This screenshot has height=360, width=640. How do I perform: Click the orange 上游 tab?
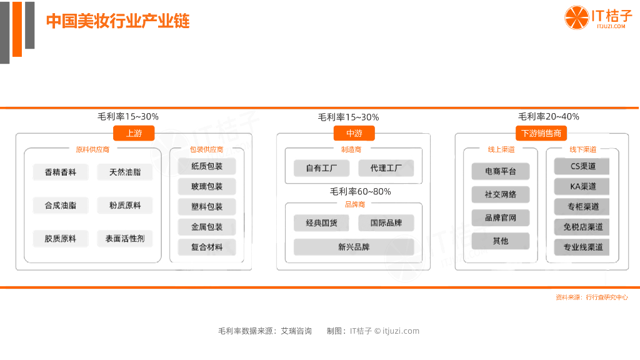pos(133,133)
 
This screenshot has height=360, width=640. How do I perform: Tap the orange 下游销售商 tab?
pos(541,133)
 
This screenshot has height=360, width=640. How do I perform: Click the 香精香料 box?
pos(60,172)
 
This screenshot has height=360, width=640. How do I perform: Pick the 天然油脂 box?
pos(125,172)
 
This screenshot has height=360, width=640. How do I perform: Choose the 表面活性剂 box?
pos(125,238)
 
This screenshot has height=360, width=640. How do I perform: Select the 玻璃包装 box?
pos(207,186)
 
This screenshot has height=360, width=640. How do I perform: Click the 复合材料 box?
pos(207,247)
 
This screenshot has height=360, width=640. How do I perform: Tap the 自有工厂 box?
pos(322,168)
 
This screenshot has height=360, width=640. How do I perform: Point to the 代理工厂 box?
pos(386,168)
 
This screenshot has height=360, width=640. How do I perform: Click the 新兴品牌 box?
pos(354,247)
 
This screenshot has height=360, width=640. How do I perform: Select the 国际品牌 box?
pos(386,222)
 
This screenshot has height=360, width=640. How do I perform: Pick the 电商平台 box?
pos(501,171)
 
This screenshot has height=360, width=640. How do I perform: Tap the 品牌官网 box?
pos(501,217)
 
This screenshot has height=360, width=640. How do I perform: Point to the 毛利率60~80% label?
pos(361,192)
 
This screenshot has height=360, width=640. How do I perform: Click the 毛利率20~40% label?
pos(549,116)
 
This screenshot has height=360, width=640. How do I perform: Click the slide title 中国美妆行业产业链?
pos(118,21)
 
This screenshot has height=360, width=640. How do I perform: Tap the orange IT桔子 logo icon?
pos(576,17)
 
